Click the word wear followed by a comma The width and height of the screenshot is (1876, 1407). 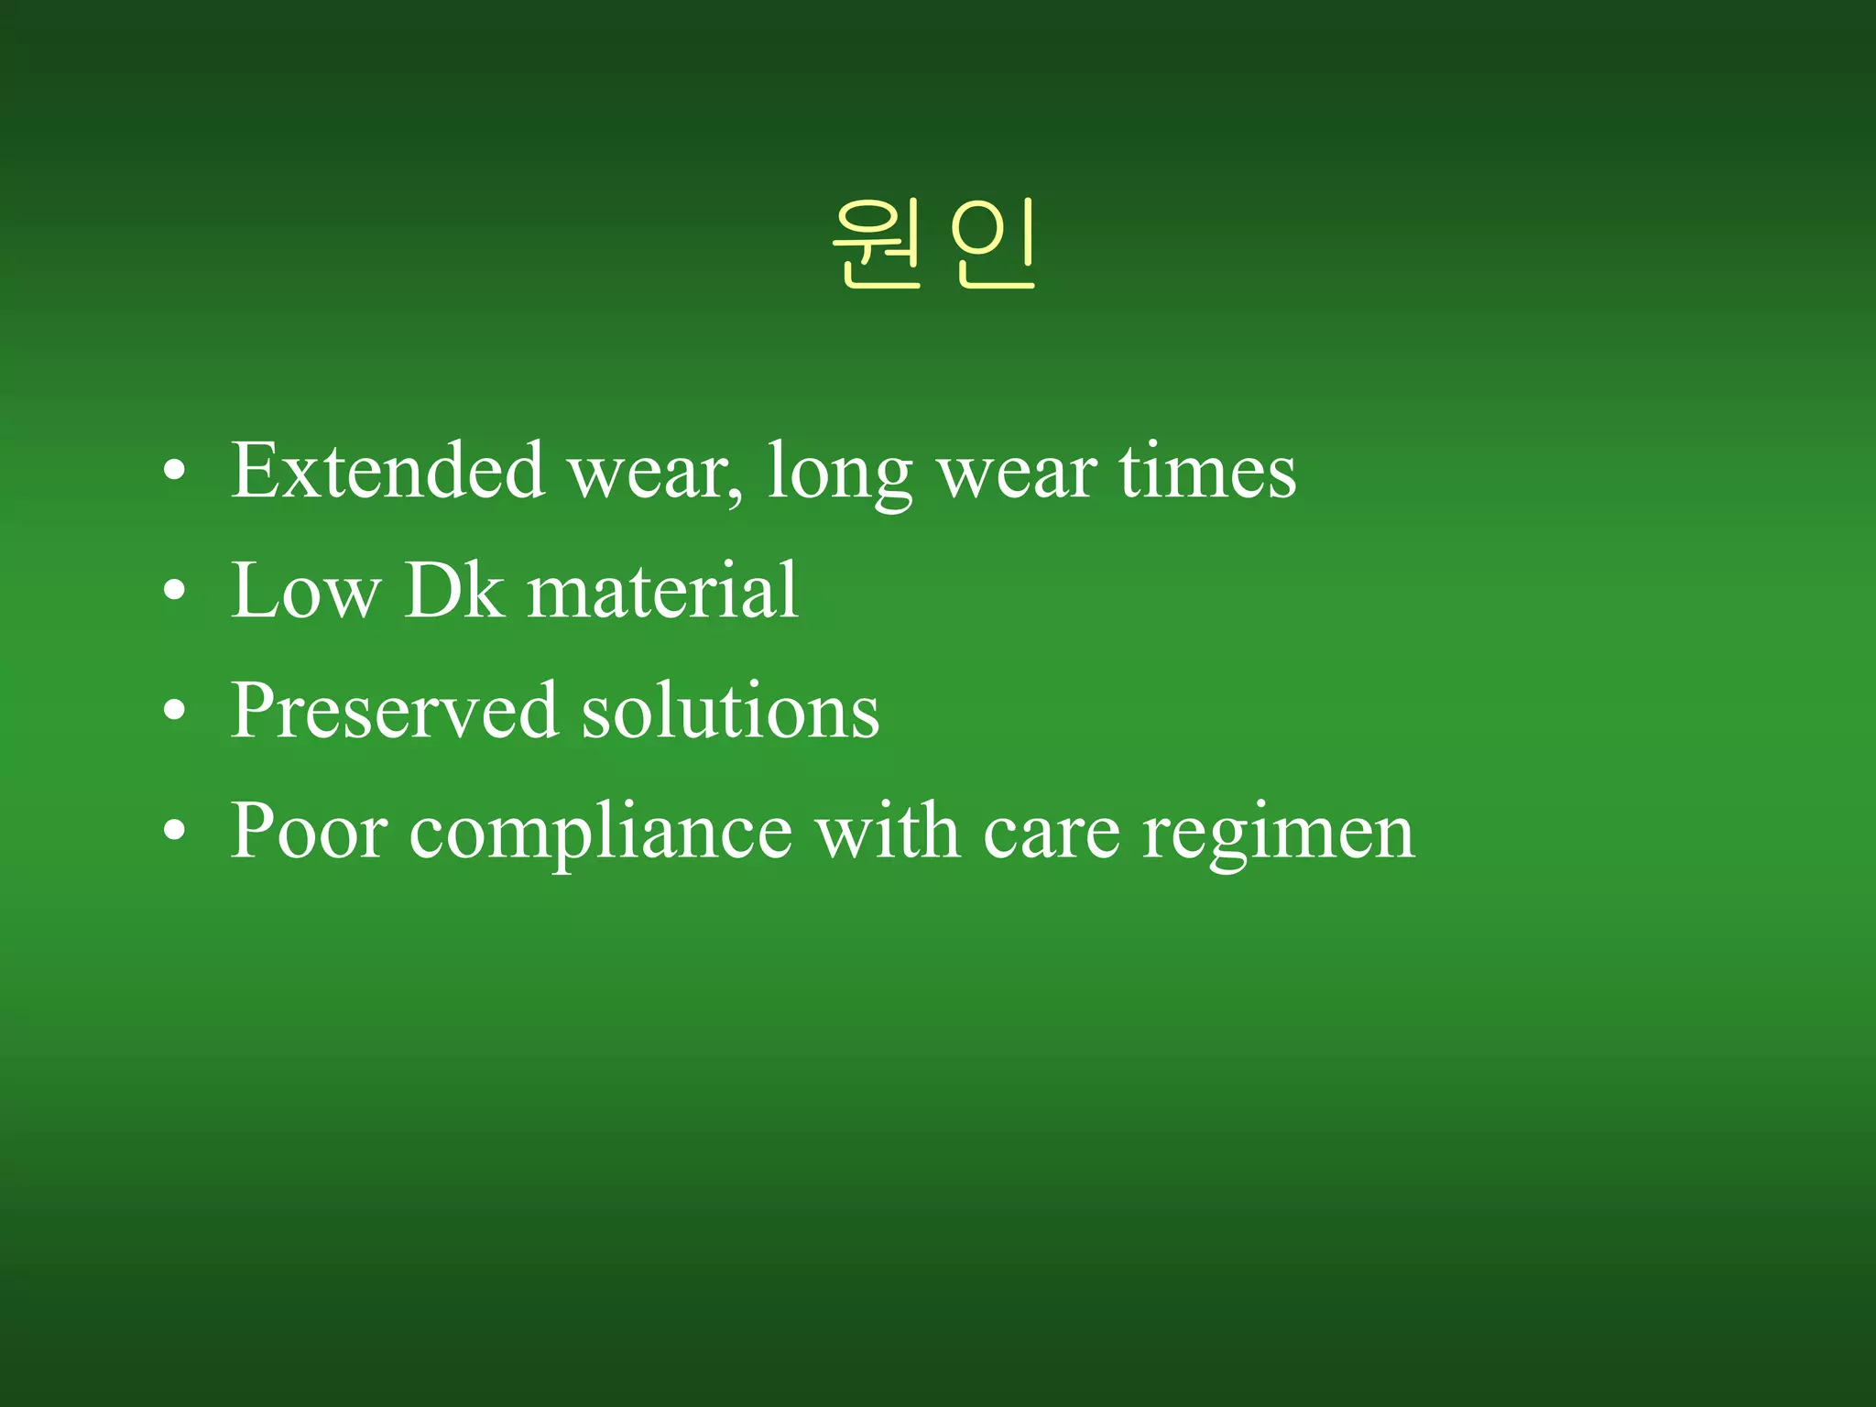pos(654,474)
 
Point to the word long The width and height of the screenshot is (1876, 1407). pos(839,474)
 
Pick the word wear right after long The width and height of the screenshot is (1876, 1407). pos(1017,474)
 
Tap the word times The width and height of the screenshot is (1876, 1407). pos(1207,471)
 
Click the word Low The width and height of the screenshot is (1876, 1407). pos(306,592)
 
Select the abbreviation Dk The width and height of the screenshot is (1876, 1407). pos(454,592)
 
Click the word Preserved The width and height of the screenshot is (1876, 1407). pos(394,711)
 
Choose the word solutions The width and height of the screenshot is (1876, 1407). pos(731,711)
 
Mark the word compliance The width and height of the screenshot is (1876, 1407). pos(601,834)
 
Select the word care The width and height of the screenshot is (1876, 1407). pos(1052,834)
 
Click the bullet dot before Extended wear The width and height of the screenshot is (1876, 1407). pos(174,473)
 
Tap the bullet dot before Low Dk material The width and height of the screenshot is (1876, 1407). pos(174,593)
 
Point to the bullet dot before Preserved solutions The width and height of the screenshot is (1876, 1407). pos(174,712)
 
